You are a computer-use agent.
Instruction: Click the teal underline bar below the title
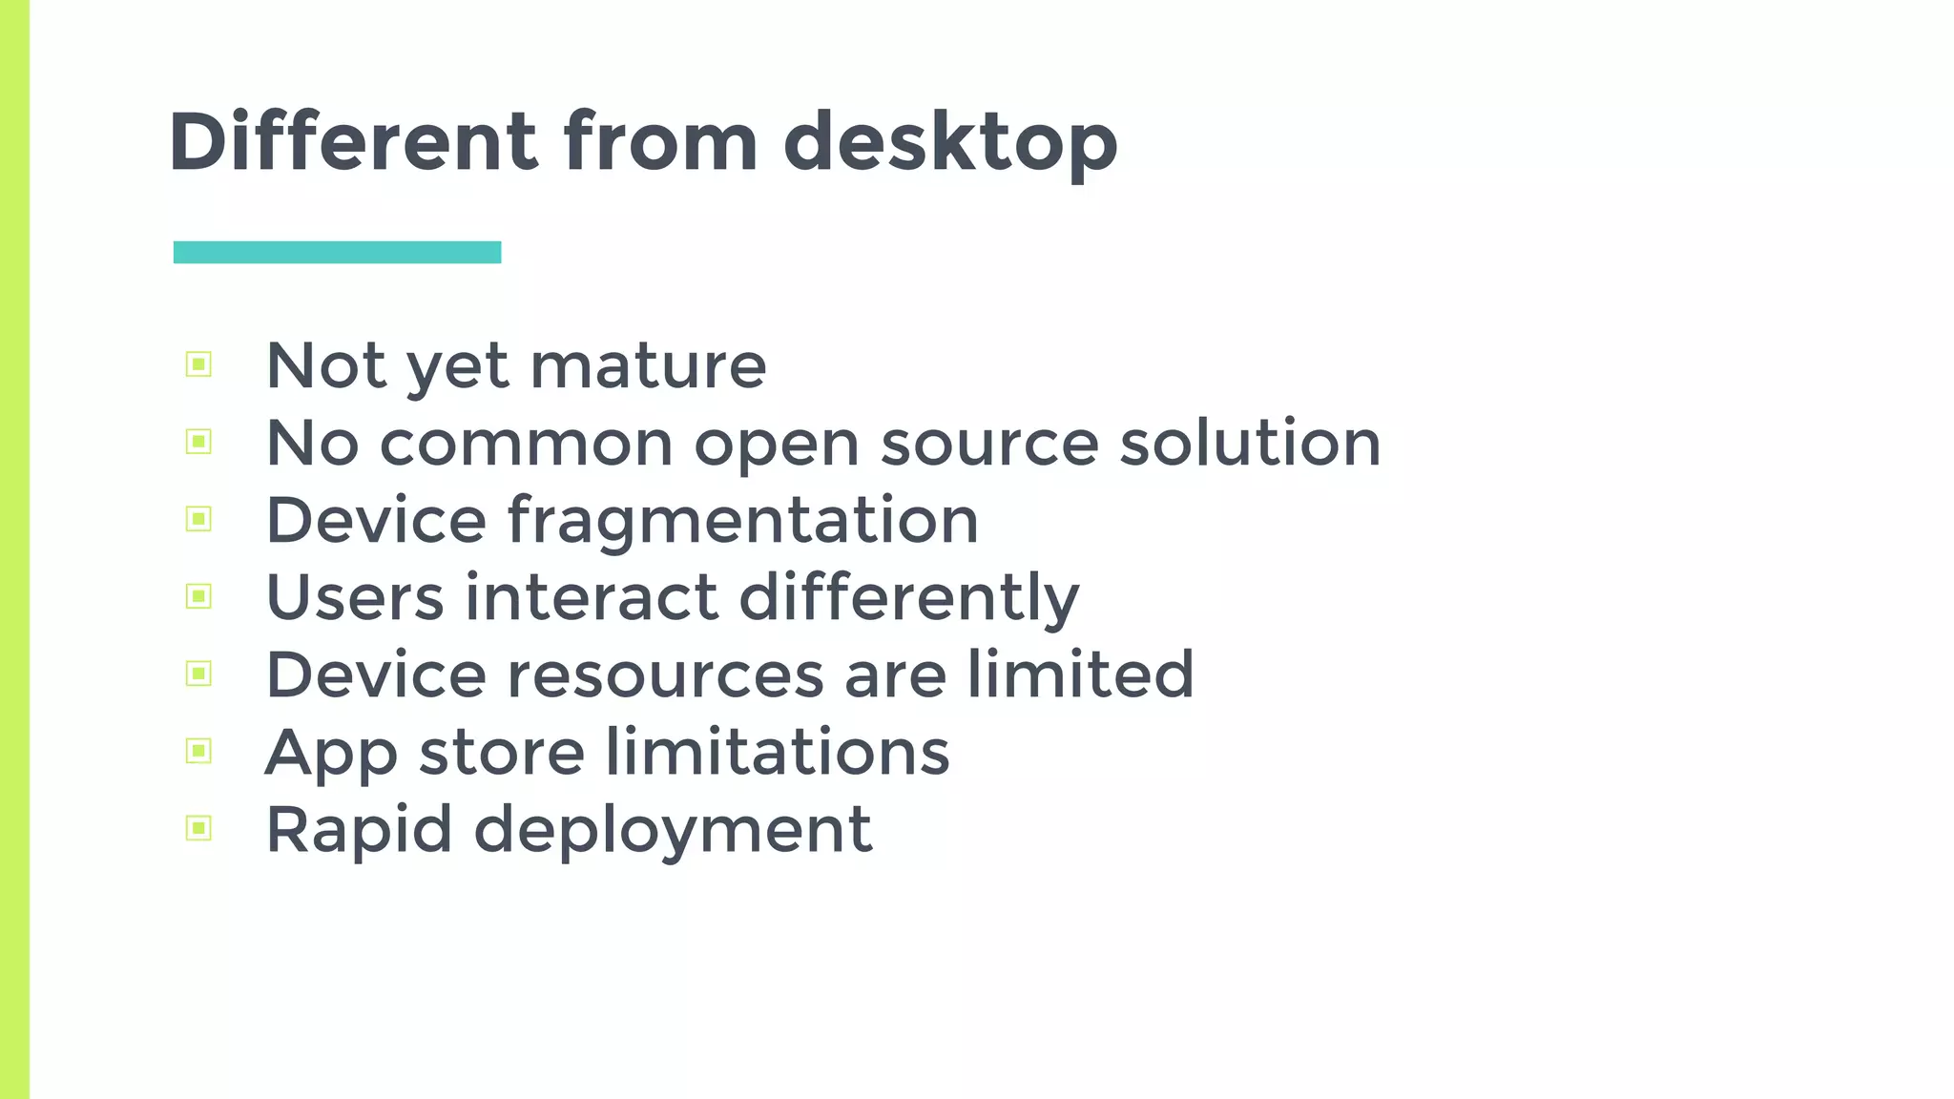pyautogui.click(x=337, y=252)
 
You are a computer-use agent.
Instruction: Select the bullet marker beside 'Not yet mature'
pyautogui.click(x=198, y=363)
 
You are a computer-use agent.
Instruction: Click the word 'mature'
pyautogui.click(x=648, y=365)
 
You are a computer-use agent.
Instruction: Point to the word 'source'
pyautogui.click(x=989, y=444)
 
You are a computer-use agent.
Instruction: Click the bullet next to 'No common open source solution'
pyautogui.click(x=198, y=441)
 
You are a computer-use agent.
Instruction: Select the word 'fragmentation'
pyautogui.click(x=743, y=521)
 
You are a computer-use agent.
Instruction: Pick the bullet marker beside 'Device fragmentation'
pyautogui.click(x=198, y=519)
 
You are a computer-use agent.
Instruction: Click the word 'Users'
pyautogui.click(x=355, y=597)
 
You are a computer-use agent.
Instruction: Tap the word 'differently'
pyautogui.click(x=909, y=598)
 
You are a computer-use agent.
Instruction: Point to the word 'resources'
pyautogui.click(x=665, y=674)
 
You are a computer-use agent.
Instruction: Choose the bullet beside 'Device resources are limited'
pyautogui.click(x=198, y=674)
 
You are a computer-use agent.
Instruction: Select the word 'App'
pyautogui.click(x=331, y=754)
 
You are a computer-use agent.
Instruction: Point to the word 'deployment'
pyautogui.click(x=673, y=830)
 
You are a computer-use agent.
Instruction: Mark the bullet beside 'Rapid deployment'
pyautogui.click(x=198, y=827)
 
